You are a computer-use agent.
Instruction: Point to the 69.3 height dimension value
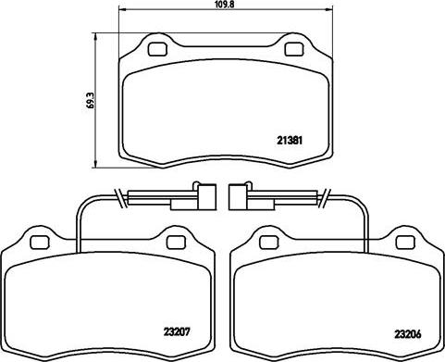[x=91, y=101]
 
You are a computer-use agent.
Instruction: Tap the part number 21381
[x=290, y=141]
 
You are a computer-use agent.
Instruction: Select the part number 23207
[x=177, y=331]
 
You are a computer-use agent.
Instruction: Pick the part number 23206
[x=408, y=334]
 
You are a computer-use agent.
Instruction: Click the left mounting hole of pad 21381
[x=157, y=49]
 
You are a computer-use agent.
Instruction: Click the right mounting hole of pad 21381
[x=294, y=49]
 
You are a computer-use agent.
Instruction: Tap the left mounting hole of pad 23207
[x=40, y=243]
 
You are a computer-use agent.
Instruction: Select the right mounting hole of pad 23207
[x=176, y=243]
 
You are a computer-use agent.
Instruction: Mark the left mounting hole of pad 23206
[x=269, y=243]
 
